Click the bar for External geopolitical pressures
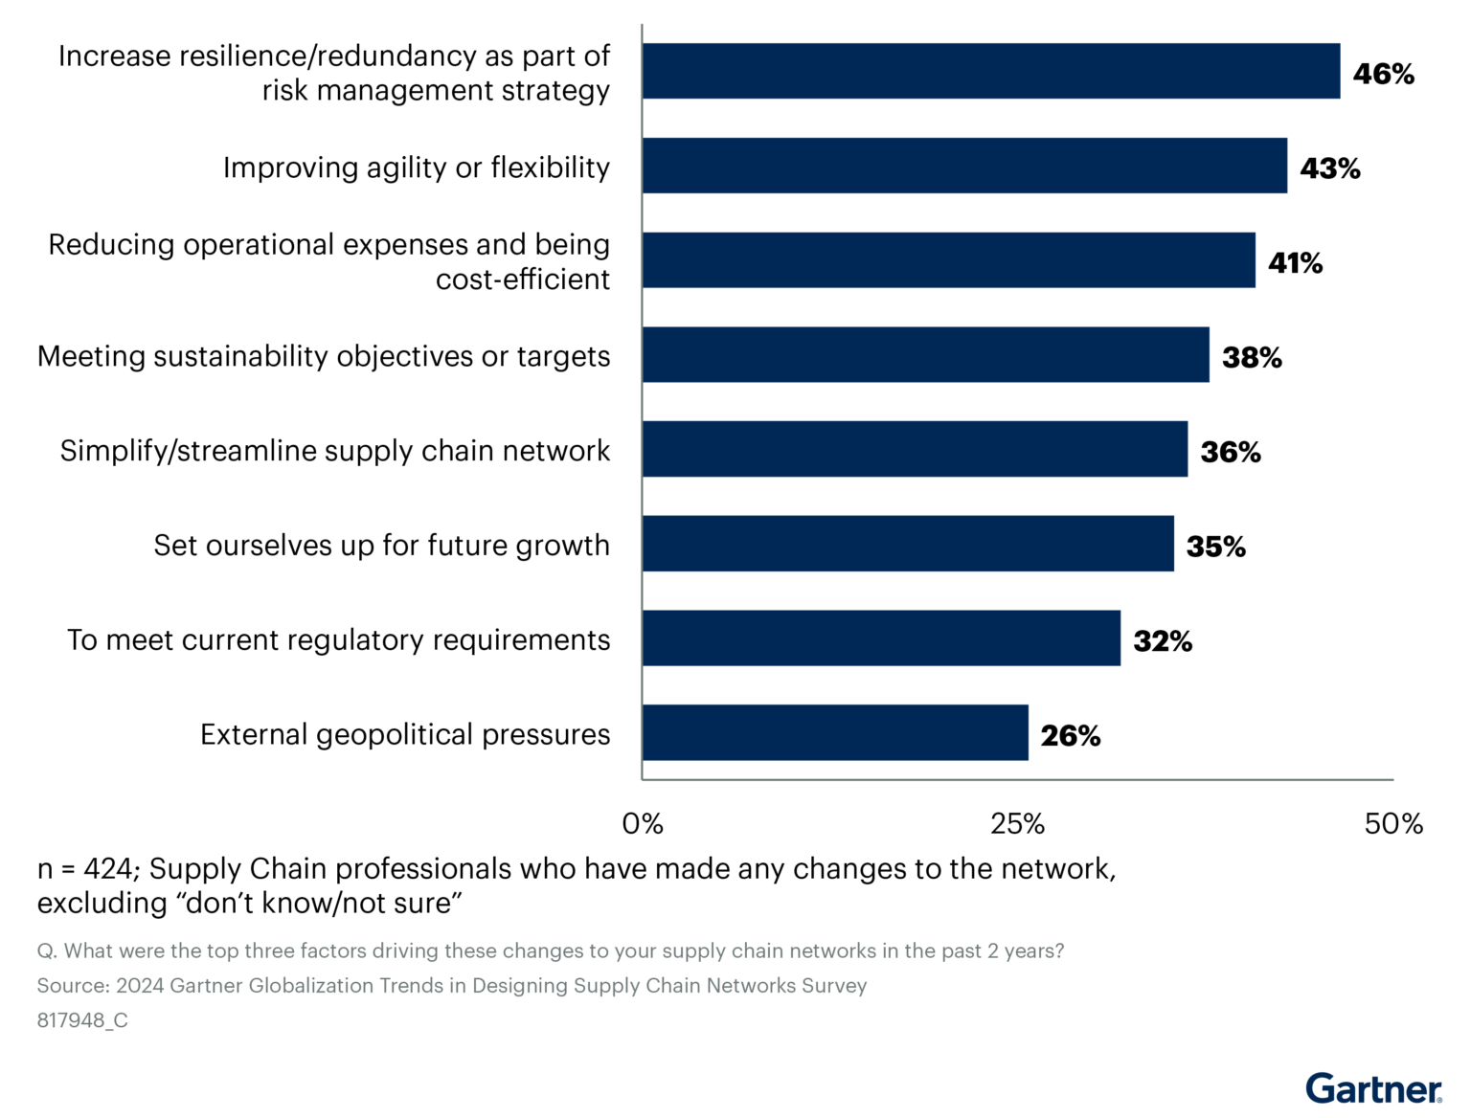[835, 733]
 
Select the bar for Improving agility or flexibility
[964, 166]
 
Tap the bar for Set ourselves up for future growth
[908, 544]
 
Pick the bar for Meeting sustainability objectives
[925, 355]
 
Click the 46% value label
[1383, 74]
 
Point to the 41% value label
[1295, 263]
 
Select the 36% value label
[1230, 452]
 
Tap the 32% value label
[1163, 641]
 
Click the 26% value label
[1070, 736]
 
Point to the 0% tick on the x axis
[643, 824]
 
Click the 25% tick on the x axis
[1017, 824]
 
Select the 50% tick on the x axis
[1393, 824]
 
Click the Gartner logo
[1373, 1088]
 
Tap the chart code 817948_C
[82, 1020]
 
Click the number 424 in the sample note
[108, 869]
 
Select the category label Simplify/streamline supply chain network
[334, 450]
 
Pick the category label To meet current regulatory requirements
[338, 639]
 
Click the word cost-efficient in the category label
[522, 279]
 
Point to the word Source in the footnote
[72, 986]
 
